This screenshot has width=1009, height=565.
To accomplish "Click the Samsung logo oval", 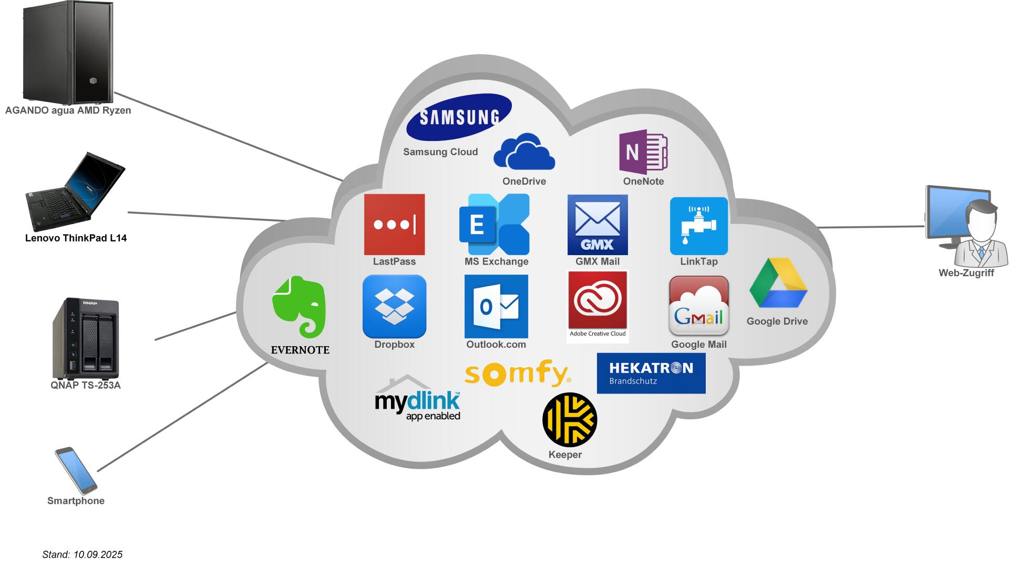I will coord(459,117).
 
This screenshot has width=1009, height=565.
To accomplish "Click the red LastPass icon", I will coord(394,225).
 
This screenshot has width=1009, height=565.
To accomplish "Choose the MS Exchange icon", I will coord(495,225).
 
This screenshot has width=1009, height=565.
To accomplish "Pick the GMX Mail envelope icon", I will coord(598,225).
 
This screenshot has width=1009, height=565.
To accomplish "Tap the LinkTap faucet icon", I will coord(698,226).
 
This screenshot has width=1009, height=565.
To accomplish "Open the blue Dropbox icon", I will coord(394,306).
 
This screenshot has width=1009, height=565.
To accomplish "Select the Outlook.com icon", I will coord(496,306).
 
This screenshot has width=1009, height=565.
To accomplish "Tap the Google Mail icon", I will coord(698,306).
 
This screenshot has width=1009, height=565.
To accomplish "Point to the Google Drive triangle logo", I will coord(778,284).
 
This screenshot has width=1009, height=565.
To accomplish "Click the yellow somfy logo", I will coord(517,372).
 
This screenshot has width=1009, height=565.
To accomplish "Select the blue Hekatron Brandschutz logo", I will coord(651,373).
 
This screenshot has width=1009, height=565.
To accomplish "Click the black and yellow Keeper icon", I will coord(570,419).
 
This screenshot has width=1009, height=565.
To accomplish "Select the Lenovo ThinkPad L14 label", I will coord(76,238).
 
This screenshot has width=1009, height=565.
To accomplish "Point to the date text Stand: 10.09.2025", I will coord(83,554).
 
